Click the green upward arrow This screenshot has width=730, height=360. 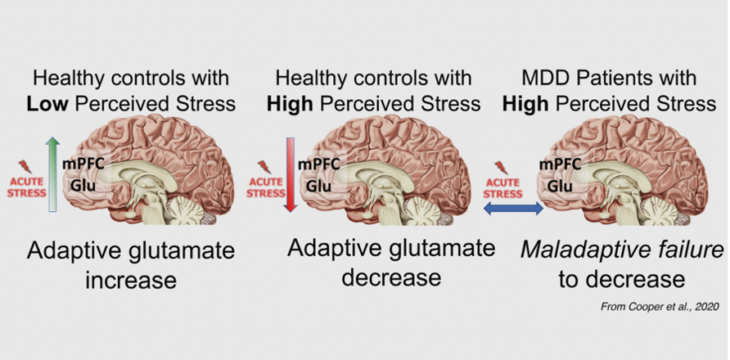pos(52,173)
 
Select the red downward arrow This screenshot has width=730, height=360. pos(289,173)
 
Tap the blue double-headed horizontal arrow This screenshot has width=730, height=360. pos(512,209)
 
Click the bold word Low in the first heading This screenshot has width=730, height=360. pos(51,104)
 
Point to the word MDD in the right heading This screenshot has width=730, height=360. pos(547,79)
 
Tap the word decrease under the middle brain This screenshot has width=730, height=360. pos(390,277)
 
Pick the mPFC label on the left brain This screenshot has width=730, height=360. pos(83,164)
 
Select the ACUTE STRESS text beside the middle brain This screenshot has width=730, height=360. pos(267,187)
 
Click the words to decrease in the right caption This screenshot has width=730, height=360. pos(621,279)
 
